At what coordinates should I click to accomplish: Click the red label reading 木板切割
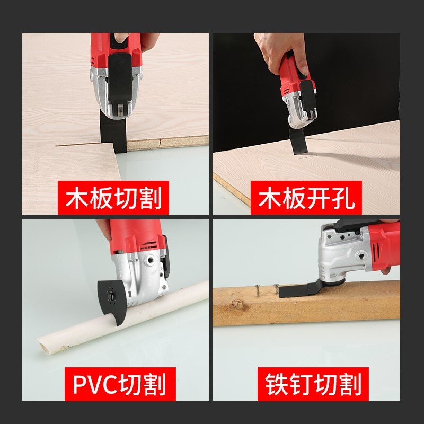(x=113, y=198)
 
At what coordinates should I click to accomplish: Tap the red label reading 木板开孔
(x=306, y=198)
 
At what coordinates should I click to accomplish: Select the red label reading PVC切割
(x=120, y=384)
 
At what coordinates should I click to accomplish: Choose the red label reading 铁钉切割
(x=313, y=384)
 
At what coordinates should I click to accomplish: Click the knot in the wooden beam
(x=237, y=304)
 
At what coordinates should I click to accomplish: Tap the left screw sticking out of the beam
(x=258, y=290)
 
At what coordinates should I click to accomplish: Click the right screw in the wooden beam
(x=276, y=288)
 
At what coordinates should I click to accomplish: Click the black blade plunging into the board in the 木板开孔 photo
(x=297, y=143)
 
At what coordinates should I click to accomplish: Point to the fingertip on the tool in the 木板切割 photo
(x=121, y=37)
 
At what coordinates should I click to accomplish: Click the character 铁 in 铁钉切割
(x=276, y=384)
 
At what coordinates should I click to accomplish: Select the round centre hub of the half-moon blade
(x=111, y=294)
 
